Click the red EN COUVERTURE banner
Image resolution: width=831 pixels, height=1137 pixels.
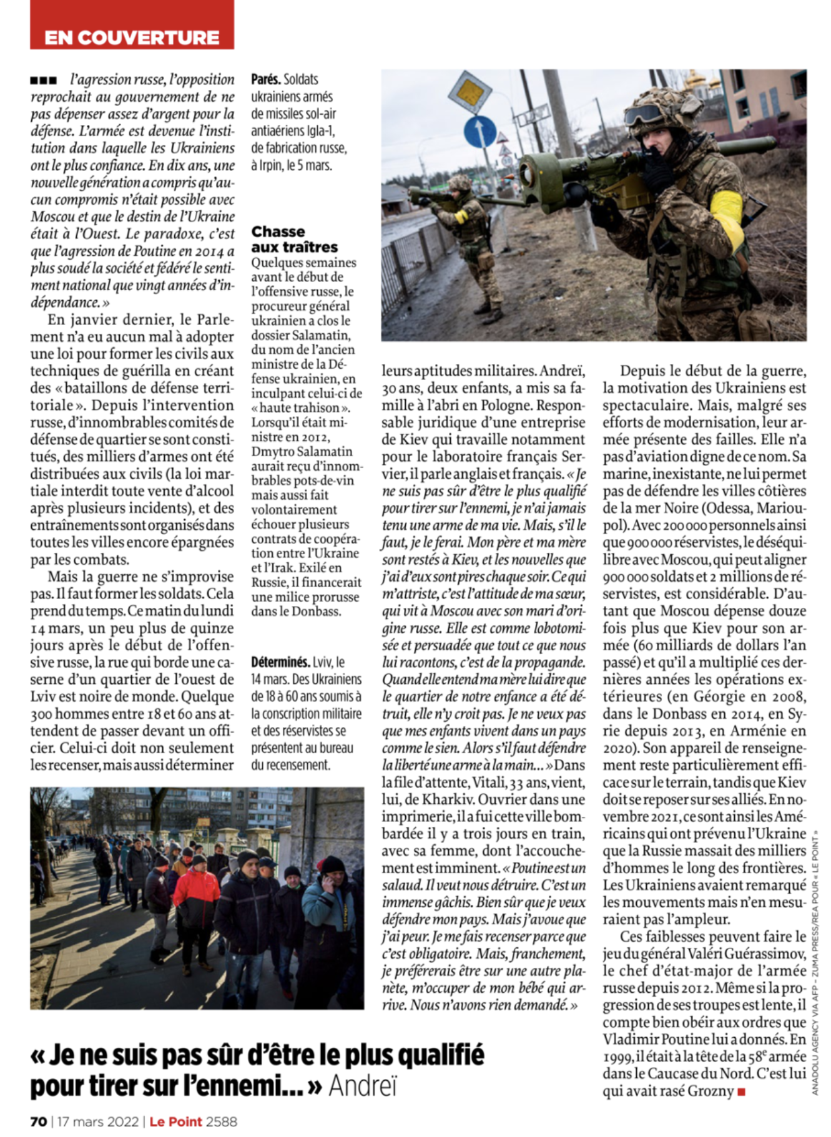pos(132,37)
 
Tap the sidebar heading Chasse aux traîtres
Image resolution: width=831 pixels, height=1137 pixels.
pos(294,239)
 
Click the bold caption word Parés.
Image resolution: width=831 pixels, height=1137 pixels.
pos(265,79)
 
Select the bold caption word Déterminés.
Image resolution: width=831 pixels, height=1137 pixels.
pos(280,661)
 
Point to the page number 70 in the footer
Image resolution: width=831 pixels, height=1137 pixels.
pos(39,1121)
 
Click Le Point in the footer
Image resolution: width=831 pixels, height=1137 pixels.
pos(175,1121)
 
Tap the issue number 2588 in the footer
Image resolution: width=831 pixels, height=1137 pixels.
pos(222,1121)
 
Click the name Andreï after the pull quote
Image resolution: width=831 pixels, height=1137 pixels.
pos(363,1086)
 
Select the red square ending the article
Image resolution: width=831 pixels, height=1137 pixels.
pos(741,1091)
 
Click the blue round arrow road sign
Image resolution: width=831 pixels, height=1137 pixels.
pos(479,132)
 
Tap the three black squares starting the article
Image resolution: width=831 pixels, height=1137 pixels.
pos(43,80)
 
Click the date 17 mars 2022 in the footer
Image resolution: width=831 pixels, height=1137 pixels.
pos(98,1121)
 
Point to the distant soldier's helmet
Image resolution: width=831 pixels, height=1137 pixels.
pos(460,182)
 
